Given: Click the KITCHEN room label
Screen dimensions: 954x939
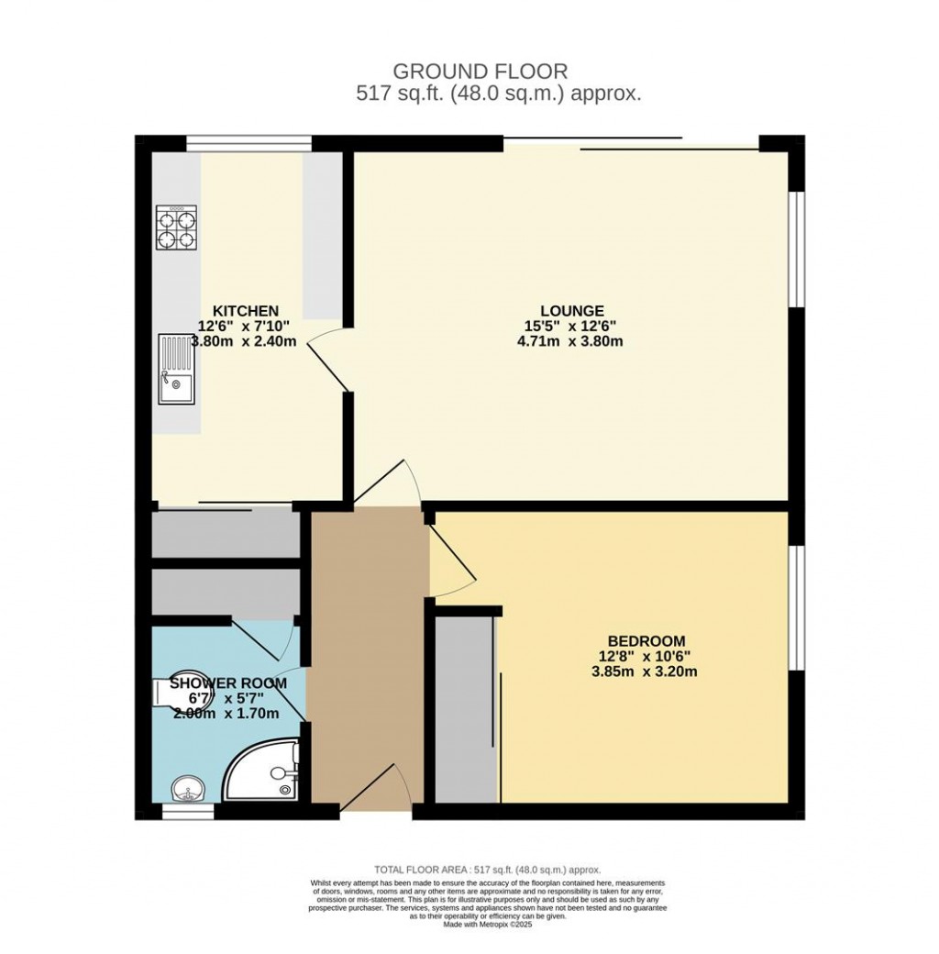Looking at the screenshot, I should tap(246, 311).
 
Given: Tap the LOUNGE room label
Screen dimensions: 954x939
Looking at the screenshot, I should tap(571, 311).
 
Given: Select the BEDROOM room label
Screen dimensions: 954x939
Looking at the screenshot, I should tap(646, 640).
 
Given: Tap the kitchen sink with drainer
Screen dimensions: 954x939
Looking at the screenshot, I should tap(176, 369).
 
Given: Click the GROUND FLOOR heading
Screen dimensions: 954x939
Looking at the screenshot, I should tap(480, 71).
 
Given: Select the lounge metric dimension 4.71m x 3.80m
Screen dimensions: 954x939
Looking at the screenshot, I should tap(570, 341).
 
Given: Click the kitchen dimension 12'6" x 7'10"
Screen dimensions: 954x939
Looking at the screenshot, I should tap(246, 326).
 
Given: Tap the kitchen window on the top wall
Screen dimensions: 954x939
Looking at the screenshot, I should tap(249, 142).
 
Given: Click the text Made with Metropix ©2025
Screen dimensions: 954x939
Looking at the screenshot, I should tap(487, 925).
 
